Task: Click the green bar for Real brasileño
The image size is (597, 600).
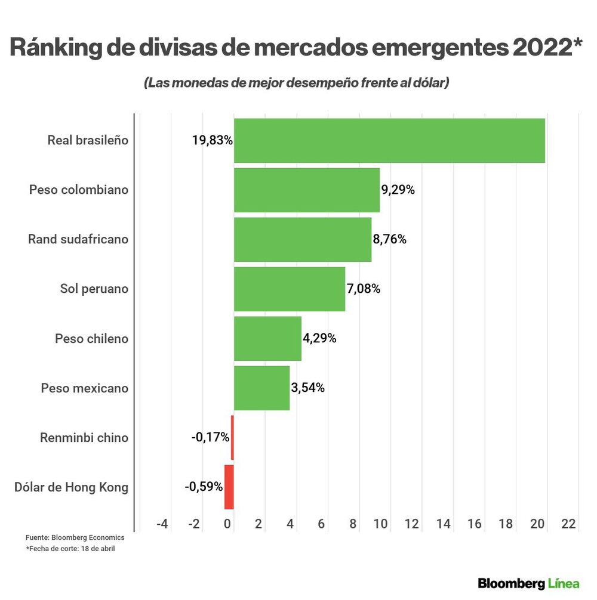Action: (389, 140)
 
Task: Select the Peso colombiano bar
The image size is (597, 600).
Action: (307, 190)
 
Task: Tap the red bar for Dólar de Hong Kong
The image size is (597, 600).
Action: (229, 487)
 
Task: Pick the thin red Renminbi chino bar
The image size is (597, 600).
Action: (232, 437)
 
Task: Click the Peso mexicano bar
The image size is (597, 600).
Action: (261, 388)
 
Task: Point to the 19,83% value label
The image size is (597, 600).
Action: (212, 140)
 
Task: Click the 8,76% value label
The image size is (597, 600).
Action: (389, 239)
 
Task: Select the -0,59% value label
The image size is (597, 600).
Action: (204, 487)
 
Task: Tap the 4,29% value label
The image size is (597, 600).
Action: (319, 338)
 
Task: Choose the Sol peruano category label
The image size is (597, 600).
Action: (94, 289)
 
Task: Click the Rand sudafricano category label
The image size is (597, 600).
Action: (78, 239)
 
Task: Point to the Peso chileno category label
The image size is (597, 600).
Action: (91, 338)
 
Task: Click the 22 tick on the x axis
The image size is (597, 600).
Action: (568, 524)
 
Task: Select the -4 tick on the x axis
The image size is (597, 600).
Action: (162, 524)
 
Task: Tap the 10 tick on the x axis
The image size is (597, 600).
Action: (380, 524)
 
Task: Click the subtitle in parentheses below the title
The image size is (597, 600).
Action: (296, 83)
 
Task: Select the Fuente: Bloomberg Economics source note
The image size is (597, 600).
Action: (75, 537)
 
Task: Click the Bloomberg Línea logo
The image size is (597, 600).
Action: (528, 583)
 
